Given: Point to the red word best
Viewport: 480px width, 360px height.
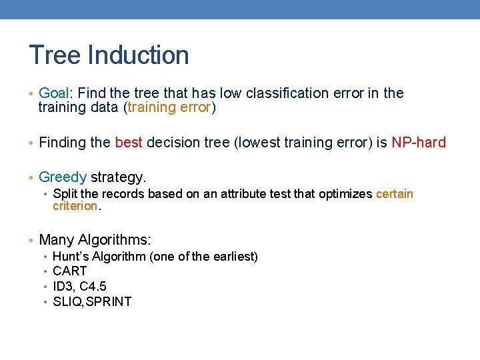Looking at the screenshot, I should [x=129, y=142].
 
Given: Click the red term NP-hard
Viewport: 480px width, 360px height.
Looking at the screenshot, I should [x=419, y=142].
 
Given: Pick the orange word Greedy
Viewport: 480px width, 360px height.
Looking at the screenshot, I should [x=63, y=177].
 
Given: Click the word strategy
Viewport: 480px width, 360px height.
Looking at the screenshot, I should [x=118, y=177].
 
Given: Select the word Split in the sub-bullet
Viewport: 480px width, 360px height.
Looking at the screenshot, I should [x=64, y=194].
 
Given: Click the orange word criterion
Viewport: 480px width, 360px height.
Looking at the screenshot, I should [x=75, y=206].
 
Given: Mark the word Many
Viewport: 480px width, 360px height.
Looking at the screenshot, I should [x=56, y=240].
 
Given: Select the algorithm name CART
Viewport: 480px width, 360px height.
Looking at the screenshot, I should [x=69, y=271].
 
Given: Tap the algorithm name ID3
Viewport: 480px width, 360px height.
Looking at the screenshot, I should [x=64, y=287].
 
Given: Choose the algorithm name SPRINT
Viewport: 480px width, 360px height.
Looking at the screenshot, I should [x=109, y=301].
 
